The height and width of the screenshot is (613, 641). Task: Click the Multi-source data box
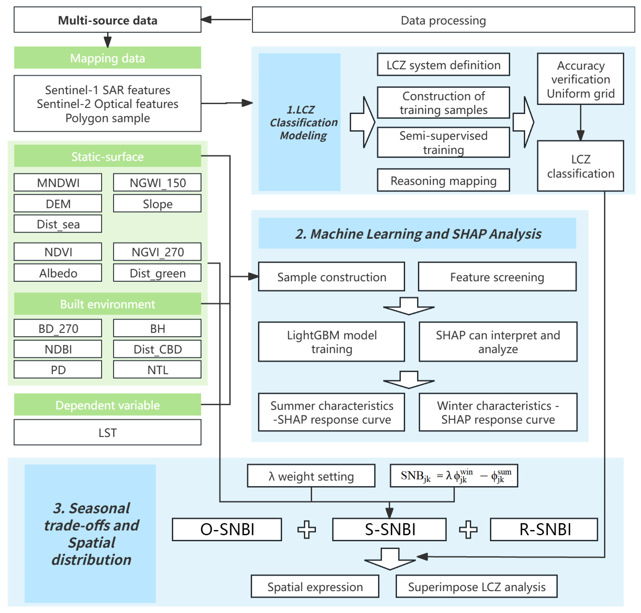108,20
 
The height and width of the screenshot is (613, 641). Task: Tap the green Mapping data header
108,58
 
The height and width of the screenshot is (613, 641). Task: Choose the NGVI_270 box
157,252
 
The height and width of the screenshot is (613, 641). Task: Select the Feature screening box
497,276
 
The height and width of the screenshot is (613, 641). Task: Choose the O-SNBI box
227,529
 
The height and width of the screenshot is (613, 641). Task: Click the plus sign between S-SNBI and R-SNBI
468,529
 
